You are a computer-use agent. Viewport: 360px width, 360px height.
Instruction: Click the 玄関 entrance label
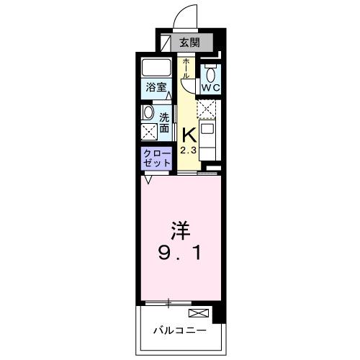click(188, 42)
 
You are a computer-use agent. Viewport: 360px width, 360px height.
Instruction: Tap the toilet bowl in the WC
click(211, 73)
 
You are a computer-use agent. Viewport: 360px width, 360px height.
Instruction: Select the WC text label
click(211, 88)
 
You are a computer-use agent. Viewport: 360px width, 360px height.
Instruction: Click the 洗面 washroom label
click(164, 122)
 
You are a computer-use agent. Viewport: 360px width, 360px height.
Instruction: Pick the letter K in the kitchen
click(189, 134)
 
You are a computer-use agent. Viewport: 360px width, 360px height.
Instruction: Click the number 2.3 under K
click(188, 150)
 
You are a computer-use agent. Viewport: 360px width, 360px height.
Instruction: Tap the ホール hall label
click(186, 68)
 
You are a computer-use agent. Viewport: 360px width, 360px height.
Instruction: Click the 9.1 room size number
click(180, 253)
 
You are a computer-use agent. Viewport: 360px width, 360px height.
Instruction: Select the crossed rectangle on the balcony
click(198, 313)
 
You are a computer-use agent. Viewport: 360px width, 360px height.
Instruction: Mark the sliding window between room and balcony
click(168, 301)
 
